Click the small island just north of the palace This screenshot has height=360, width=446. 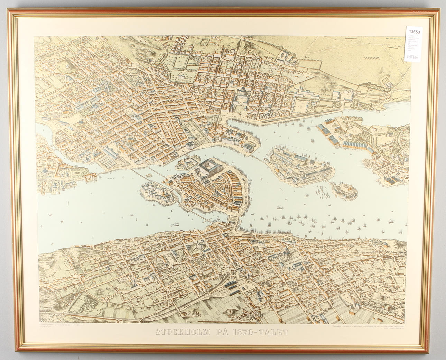pos(187,163)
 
